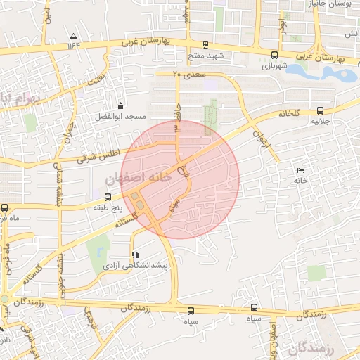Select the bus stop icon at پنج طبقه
pyautogui.click(x=96, y=198)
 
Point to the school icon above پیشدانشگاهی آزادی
pyautogui.click(x=134, y=255)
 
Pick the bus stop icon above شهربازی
pyautogui.click(x=274, y=54)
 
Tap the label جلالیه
pyautogui.click(x=321, y=121)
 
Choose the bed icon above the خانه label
pyautogui.click(x=301, y=170)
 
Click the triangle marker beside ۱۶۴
pyautogui.click(x=73, y=36)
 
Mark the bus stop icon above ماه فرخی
pyautogui.click(x=5, y=207)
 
